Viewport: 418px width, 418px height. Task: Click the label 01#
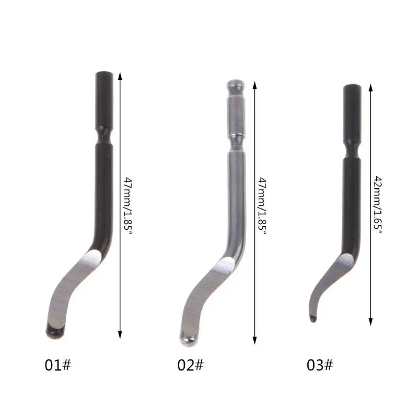coord(57,364)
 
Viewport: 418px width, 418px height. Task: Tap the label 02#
coord(190,364)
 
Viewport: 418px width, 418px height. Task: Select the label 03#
coord(320,364)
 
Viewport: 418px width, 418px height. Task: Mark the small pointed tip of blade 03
coord(312,318)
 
